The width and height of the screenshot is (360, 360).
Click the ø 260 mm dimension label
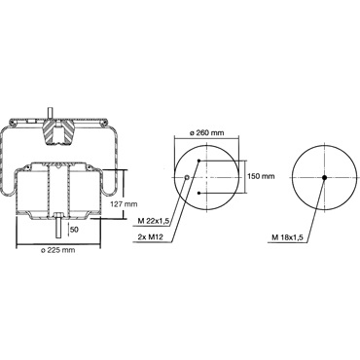(x=206, y=133)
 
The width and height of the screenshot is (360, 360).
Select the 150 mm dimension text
(x=261, y=176)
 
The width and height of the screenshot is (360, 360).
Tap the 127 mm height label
(x=124, y=204)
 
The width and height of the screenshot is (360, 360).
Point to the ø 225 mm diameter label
(x=58, y=250)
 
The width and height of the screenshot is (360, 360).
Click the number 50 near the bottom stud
(x=74, y=230)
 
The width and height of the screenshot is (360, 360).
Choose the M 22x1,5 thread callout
(x=154, y=221)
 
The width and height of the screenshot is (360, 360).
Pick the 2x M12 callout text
(x=151, y=237)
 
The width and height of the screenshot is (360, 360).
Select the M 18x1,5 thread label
(x=287, y=237)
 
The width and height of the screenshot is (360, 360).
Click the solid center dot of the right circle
(x=324, y=177)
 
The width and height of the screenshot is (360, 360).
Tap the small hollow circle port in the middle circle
(x=187, y=177)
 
